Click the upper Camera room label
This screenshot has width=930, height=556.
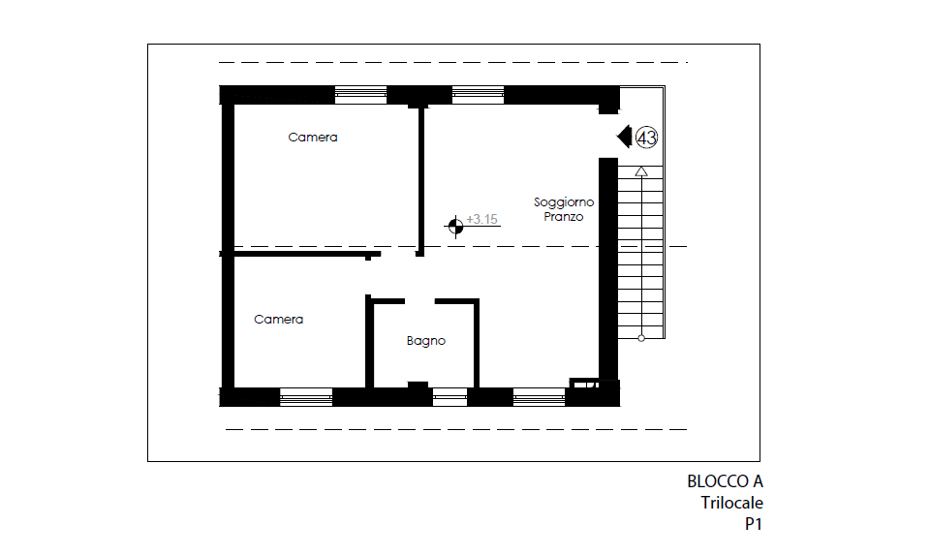(x=313, y=137)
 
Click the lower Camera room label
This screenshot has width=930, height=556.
(x=278, y=319)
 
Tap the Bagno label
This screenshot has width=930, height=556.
(x=426, y=341)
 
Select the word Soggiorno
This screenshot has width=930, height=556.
(x=564, y=202)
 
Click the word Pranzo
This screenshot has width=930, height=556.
(x=564, y=216)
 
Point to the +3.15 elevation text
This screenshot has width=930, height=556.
(x=481, y=219)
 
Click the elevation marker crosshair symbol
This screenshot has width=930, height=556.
(x=455, y=226)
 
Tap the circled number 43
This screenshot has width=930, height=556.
(x=646, y=138)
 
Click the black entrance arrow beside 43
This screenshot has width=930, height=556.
(x=624, y=137)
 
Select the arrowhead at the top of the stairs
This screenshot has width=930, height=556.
(x=641, y=171)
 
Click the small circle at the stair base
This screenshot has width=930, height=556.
(x=641, y=338)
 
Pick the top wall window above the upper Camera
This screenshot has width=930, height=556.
(x=360, y=95)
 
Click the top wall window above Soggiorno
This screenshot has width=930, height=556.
(x=478, y=95)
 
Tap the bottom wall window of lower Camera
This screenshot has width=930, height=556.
(x=306, y=397)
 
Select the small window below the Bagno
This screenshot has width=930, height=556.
(x=449, y=397)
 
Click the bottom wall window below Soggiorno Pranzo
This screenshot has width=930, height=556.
(x=540, y=397)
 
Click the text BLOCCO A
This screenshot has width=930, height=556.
(x=725, y=481)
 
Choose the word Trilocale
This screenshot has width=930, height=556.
(x=732, y=503)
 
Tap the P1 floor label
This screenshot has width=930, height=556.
(x=754, y=524)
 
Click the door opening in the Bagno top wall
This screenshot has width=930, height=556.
(x=419, y=301)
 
